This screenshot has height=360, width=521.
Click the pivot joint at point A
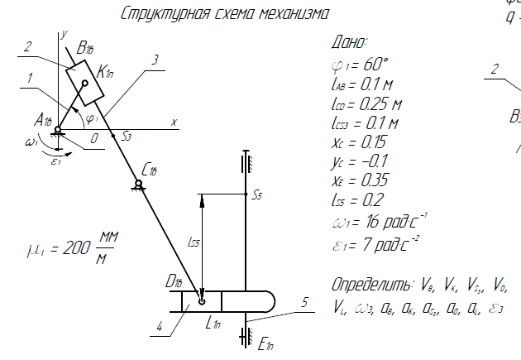pyautogui.click(x=58, y=128)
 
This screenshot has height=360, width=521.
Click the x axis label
pyautogui.click(x=174, y=122)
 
